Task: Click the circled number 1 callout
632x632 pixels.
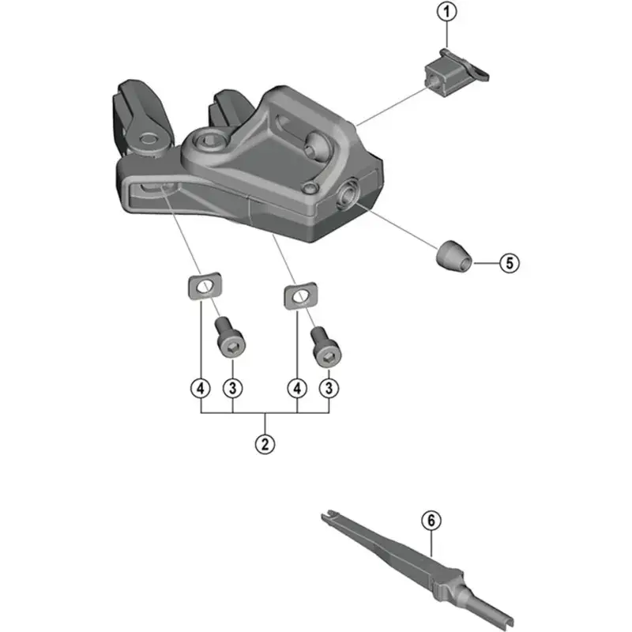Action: (x=446, y=12)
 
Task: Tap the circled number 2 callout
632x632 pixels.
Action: (x=265, y=444)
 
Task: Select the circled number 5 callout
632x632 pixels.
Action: (x=510, y=263)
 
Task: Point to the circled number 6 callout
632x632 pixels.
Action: (x=431, y=521)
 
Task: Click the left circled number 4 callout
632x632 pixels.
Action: (x=201, y=389)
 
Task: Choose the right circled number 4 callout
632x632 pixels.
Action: (x=297, y=389)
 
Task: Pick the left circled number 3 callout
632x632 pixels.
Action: (x=232, y=389)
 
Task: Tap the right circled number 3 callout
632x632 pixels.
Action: (x=329, y=389)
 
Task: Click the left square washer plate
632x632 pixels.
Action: (x=205, y=286)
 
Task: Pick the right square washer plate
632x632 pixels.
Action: (x=301, y=295)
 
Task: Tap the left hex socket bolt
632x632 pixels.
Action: (x=230, y=337)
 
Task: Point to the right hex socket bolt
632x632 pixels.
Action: (x=326, y=347)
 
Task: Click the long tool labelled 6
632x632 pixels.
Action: (x=418, y=570)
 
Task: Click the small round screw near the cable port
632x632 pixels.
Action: (x=310, y=188)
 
